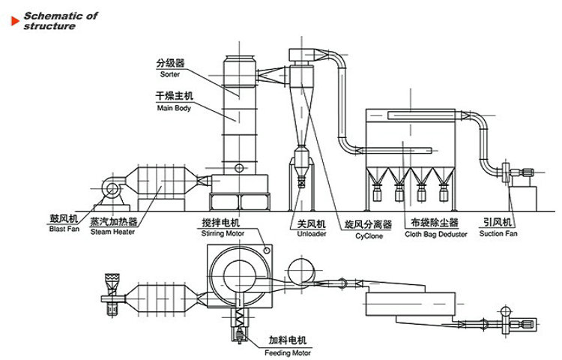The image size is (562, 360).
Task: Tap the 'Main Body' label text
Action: click(174, 108)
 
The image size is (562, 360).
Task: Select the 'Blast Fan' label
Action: click(64, 232)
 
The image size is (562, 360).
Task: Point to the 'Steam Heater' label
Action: click(112, 232)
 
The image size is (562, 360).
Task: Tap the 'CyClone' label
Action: click(368, 235)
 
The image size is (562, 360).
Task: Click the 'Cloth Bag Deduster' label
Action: click(436, 234)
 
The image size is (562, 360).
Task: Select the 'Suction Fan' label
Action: click(499, 233)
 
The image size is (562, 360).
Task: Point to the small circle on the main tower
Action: click(239, 166)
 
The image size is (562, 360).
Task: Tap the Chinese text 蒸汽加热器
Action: click(113, 221)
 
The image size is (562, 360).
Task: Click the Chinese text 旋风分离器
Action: click(368, 223)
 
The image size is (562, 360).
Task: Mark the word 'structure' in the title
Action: click(49, 26)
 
